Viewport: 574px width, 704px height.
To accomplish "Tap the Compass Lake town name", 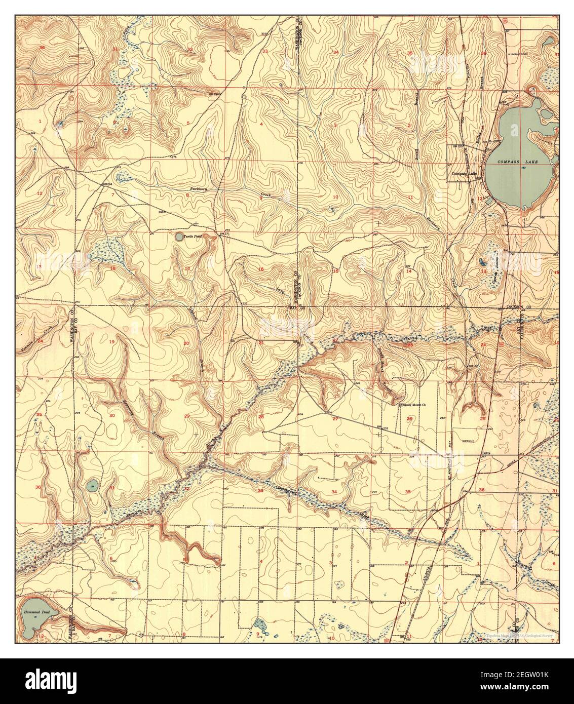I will coord(465,174).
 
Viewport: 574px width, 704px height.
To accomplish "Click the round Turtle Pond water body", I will coord(179,236).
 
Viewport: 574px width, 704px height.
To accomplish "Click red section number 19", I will coord(111,342).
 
